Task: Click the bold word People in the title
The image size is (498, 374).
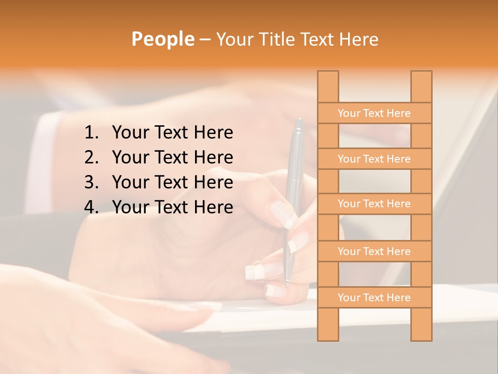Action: click(162, 39)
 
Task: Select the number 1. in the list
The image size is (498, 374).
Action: click(91, 133)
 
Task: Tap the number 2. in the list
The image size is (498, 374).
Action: click(91, 157)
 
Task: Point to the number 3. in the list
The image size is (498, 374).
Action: click(91, 182)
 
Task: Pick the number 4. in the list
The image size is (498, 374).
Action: click(91, 207)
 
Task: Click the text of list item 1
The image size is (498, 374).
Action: click(172, 133)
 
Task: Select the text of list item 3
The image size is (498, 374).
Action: click(172, 182)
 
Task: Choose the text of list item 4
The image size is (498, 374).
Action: click(172, 207)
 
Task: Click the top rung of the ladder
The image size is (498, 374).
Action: click(374, 113)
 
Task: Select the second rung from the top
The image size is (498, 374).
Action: click(374, 159)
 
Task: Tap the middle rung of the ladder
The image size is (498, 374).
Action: click(374, 204)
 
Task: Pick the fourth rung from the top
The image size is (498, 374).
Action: click(374, 251)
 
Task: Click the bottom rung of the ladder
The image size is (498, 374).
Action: click(374, 298)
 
